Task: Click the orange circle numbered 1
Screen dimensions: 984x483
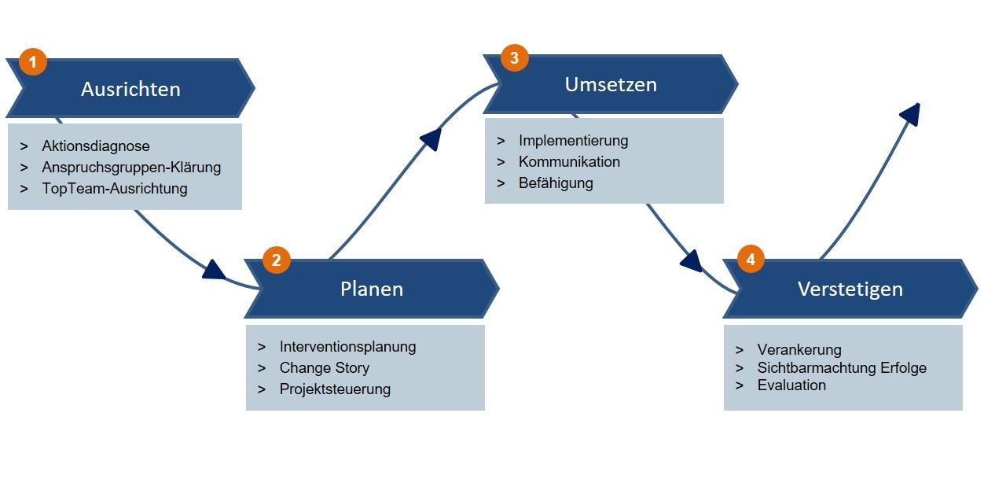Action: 33,62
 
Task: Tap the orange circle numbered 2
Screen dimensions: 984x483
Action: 277,260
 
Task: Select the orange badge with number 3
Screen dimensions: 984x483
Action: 515,57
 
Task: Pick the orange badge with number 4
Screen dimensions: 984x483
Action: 751,259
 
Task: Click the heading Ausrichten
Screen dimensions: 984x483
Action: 130,89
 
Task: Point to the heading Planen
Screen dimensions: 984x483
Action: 372,289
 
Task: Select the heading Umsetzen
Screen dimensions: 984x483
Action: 611,84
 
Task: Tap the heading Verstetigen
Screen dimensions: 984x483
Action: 850,289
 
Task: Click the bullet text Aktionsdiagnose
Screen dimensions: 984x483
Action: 96,146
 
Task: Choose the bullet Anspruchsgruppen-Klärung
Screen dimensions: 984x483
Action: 131,168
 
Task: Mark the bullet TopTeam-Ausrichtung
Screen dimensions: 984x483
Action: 115,189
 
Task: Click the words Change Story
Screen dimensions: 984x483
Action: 324,368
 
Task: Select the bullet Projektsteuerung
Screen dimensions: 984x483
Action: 335,389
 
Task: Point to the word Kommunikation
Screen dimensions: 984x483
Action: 569,162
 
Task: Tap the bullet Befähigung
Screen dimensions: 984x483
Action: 556,183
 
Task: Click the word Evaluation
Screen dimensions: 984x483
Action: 791,385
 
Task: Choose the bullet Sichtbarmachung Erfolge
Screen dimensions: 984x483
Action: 842,367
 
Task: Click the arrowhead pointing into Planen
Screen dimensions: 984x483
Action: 214,270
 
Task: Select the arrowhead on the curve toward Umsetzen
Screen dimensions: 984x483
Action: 431,139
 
